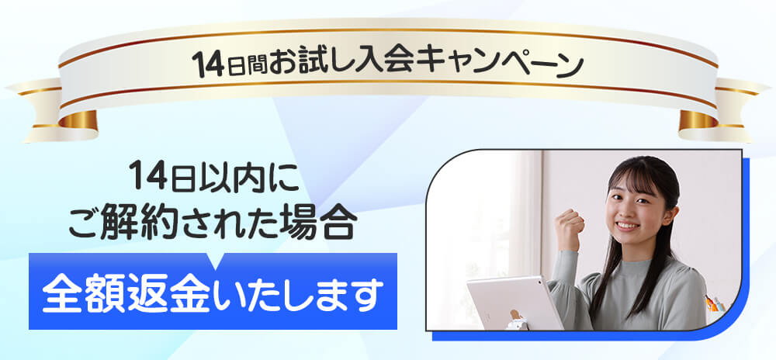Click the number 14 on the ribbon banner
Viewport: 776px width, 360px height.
pyautogui.click(x=208, y=64)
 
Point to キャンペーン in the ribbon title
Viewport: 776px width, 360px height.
pyautogui.click(x=499, y=63)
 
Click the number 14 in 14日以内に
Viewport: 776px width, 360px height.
pyautogui.click(x=147, y=177)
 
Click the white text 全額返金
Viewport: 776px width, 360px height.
pyautogui.click(x=128, y=295)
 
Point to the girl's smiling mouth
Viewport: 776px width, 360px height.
pyautogui.click(x=627, y=225)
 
